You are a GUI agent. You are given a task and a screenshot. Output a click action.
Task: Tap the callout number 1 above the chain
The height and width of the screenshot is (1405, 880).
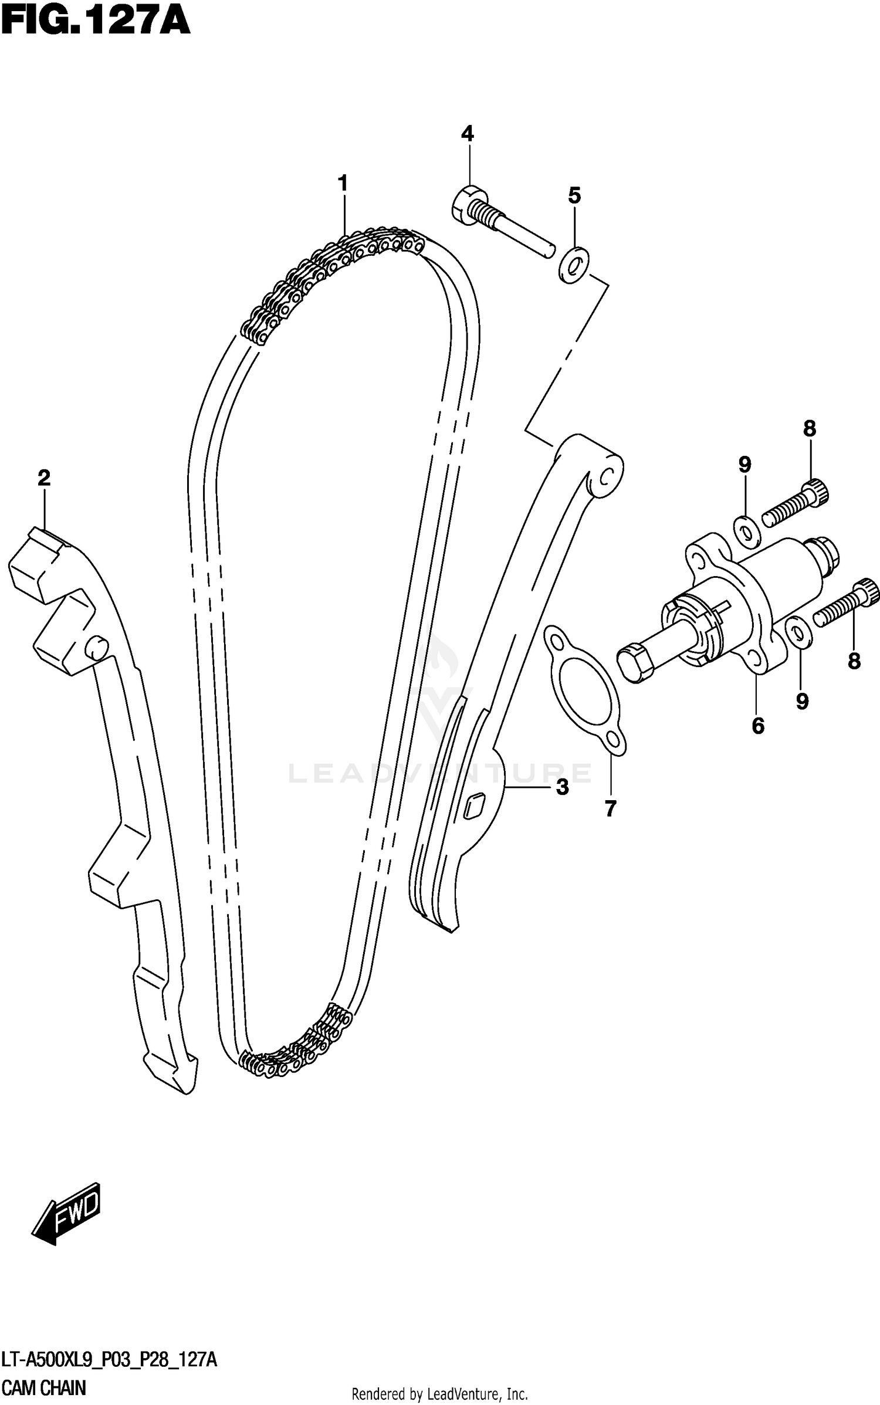(x=343, y=183)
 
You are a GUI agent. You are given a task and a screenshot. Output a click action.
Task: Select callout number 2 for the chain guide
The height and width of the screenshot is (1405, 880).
(x=44, y=478)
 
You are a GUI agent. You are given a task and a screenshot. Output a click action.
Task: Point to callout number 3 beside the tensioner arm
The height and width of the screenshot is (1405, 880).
(x=562, y=787)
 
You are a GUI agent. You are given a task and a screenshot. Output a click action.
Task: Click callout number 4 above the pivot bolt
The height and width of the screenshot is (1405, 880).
(x=467, y=134)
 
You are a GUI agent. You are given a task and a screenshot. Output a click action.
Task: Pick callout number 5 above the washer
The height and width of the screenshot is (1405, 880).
(x=574, y=195)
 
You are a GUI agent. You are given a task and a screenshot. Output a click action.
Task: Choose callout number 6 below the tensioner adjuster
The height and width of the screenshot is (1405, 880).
(x=758, y=726)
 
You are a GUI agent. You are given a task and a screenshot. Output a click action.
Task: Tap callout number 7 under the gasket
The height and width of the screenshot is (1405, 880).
(x=610, y=809)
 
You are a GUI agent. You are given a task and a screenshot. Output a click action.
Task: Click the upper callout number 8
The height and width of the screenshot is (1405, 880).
(x=810, y=429)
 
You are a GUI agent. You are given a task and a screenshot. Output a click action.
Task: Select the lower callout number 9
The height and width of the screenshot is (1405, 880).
(x=802, y=700)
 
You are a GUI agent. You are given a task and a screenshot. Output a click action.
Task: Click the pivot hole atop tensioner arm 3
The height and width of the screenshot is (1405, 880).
(x=607, y=474)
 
